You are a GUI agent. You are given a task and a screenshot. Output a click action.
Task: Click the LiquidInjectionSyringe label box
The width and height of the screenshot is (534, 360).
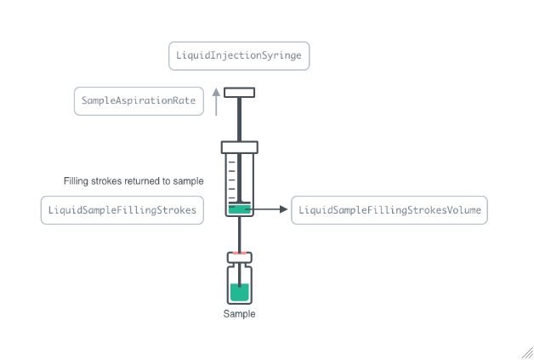click(238, 56)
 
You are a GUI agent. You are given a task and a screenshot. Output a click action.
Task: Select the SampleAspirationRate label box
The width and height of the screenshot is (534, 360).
click(139, 100)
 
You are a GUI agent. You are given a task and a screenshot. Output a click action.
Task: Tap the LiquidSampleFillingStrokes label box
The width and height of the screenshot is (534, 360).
click(122, 209)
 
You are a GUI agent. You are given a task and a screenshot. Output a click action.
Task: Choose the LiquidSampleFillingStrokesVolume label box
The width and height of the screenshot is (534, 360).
click(389, 209)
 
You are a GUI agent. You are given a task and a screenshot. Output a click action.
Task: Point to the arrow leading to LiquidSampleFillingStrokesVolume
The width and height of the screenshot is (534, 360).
click(270, 209)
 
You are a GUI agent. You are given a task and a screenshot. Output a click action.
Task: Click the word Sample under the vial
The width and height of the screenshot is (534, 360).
click(239, 314)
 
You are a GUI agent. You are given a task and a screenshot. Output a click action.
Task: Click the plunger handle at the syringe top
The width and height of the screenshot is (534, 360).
click(239, 92)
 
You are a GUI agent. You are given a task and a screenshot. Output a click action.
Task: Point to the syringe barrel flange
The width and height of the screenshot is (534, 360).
click(239, 146)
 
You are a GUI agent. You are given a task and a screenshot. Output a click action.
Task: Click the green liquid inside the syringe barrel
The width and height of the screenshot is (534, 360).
click(238, 209)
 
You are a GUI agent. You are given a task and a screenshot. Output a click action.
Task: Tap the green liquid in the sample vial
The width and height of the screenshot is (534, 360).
click(239, 292)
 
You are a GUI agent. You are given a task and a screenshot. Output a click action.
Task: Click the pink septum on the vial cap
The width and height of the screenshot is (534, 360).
click(239, 253)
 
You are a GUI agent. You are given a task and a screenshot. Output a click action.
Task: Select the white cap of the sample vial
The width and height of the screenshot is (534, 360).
click(239, 259)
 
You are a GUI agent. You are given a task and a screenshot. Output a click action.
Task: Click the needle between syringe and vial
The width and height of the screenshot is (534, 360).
click(239, 234)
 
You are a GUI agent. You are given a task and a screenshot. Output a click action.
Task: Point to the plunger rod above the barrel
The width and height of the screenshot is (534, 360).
click(239, 119)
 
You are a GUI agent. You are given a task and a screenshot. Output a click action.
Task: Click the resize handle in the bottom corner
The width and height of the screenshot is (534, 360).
click(526, 352)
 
